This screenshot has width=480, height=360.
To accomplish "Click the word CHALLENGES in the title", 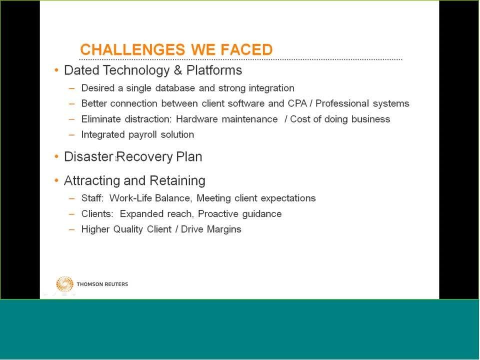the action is click(x=132, y=49).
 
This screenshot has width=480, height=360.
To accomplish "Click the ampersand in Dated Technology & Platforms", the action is click(x=178, y=70).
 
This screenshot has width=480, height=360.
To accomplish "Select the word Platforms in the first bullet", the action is click(x=214, y=70).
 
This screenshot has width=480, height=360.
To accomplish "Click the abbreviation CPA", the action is click(x=297, y=103).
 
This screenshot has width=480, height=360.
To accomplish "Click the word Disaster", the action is click(x=89, y=156).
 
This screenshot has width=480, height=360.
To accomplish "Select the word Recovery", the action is click(x=144, y=157).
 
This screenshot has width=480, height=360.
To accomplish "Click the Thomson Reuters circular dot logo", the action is click(x=64, y=284).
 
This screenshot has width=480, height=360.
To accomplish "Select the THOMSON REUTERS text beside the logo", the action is click(x=102, y=284).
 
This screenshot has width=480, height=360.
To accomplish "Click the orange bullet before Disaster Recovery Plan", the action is click(x=56, y=156).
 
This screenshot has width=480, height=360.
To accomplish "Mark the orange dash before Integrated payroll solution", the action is click(x=72, y=134).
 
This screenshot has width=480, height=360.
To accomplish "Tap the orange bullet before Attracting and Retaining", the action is click(x=56, y=180).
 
